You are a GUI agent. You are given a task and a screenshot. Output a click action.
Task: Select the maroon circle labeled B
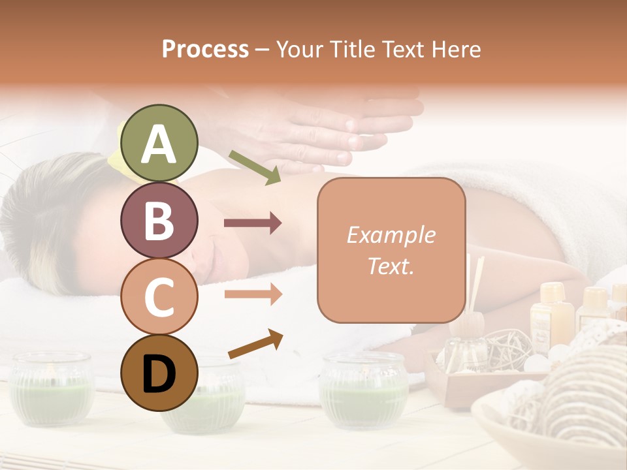159,220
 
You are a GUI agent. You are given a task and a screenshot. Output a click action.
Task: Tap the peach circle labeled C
159,296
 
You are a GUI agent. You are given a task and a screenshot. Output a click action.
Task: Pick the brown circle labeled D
159,373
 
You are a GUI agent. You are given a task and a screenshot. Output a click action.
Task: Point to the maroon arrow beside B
253,223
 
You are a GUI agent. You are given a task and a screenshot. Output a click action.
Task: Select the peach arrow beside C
253,294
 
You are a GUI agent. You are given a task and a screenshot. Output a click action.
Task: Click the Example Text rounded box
391,250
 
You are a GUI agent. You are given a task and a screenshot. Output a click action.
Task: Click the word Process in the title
205,49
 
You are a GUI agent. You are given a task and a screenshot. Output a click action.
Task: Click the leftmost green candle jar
52,388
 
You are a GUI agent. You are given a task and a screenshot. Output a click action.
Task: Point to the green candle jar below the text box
364,392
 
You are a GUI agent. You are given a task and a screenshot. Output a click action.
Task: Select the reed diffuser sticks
475,287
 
